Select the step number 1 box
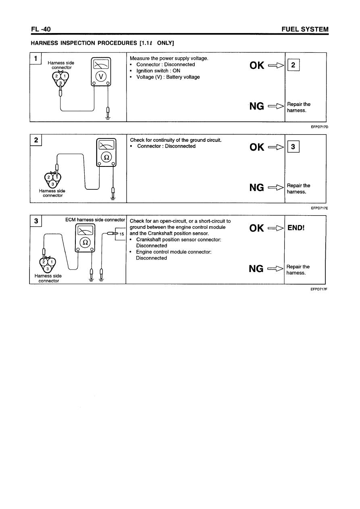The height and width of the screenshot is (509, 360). tap(35, 58)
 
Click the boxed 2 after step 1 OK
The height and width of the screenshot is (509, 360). tap(293, 65)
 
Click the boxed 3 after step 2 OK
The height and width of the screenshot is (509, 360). tap(293, 147)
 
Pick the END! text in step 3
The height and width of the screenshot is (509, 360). tap(296, 228)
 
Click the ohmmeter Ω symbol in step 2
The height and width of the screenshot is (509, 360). tap(106, 158)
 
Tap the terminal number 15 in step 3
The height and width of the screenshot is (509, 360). tap(121, 233)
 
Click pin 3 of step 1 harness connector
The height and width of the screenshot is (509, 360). tap(60, 83)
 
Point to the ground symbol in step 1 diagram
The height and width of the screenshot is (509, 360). tap(108, 118)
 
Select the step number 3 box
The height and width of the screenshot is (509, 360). tap(36, 221)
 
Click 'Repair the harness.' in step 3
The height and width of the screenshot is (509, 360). tap(298, 270)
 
